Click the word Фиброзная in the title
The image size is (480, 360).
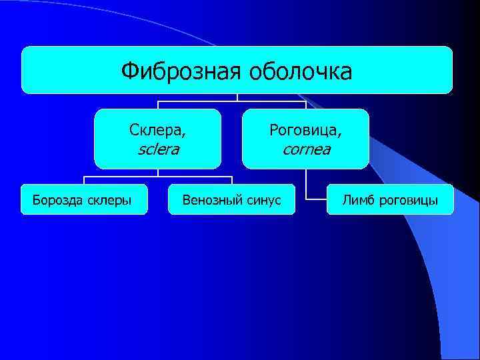(x=180, y=70)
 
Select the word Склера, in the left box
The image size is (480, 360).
(x=158, y=129)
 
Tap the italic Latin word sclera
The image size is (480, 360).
(x=158, y=149)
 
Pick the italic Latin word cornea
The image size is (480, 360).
(x=306, y=149)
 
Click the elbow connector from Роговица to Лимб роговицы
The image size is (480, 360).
(x=307, y=190)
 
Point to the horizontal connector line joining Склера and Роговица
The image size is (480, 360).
(x=200, y=101)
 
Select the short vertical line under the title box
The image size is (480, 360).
(x=238, y=97)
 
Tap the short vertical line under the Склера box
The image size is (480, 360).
(x=158, y=173)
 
